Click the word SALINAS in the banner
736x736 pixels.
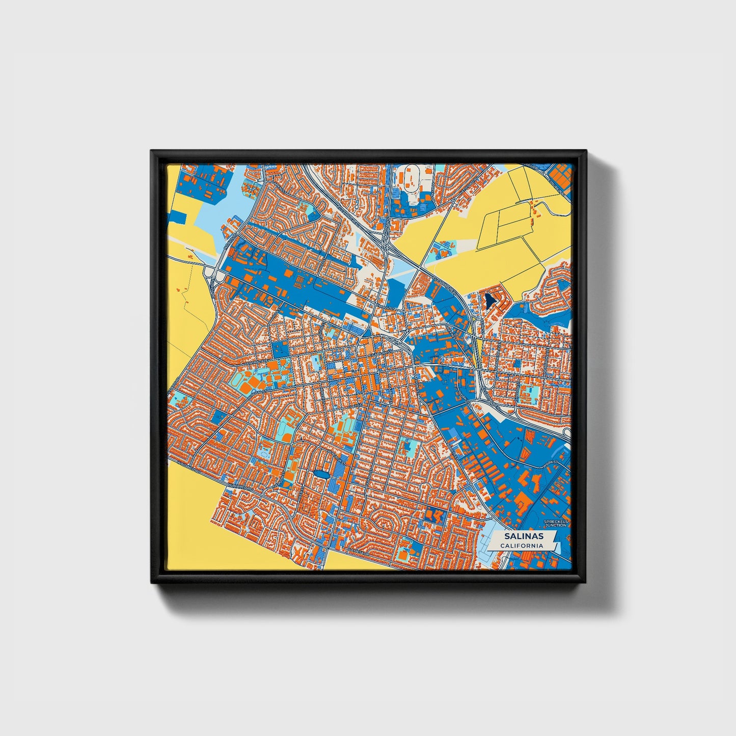coord(524,536)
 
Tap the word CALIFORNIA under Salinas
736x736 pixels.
coord(521,546)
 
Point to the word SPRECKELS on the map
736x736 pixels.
coord(555,522)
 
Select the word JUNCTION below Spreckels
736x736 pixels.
coord(555,526)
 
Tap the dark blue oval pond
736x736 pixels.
coord(321,474)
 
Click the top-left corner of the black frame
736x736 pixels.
coord(152,151)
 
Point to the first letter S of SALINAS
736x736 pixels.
coord(507,536)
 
